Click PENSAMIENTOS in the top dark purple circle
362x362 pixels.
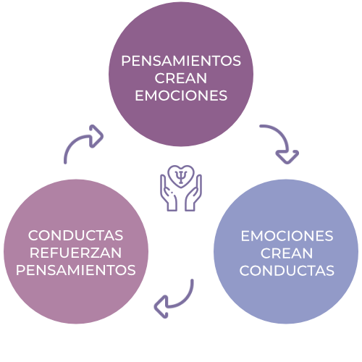tap(181, 61)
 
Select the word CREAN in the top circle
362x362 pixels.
tap(181, 78)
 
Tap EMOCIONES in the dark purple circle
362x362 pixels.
tap(181, 96)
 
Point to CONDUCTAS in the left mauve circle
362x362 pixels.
tap(75, 235)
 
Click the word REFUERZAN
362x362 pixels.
tap(75, 253)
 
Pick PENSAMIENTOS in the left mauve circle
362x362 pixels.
tap(76, 270)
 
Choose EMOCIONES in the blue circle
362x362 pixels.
tap(287, 236)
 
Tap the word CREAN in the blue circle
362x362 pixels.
tap(287, 253)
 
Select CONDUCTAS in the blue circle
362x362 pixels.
tap(287, 271)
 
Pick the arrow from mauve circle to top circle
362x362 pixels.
tap(77, 140)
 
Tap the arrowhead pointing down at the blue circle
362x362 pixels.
tap(287, 157)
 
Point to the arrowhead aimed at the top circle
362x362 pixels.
tap(96, 136)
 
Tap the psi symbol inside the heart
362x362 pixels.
tap(181, 177)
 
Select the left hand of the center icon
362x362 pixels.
tap(169, 193)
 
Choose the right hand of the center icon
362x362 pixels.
tap(193, 193)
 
